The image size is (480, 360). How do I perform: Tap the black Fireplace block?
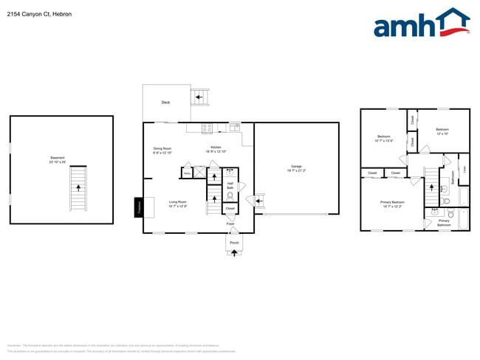[x=139, y=207]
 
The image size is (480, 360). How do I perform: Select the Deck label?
[x=165, y=103]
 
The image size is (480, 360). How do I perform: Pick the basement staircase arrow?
[x=77, y=188]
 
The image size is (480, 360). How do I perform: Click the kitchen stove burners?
[x=208, y=128]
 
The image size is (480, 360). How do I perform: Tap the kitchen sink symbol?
[x=235, y=127]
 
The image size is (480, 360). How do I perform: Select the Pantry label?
[x=187, y=174]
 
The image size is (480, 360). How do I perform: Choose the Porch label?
[x=234, y=242]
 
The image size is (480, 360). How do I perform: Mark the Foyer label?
[x=230, y=223]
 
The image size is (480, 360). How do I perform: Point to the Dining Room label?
[x=162, y=150]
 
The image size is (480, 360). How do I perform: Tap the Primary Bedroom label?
[x=392, y=204]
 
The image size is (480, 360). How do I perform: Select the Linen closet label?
[x=464, y=169]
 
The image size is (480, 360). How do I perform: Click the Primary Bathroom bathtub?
[x=464, y=220]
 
